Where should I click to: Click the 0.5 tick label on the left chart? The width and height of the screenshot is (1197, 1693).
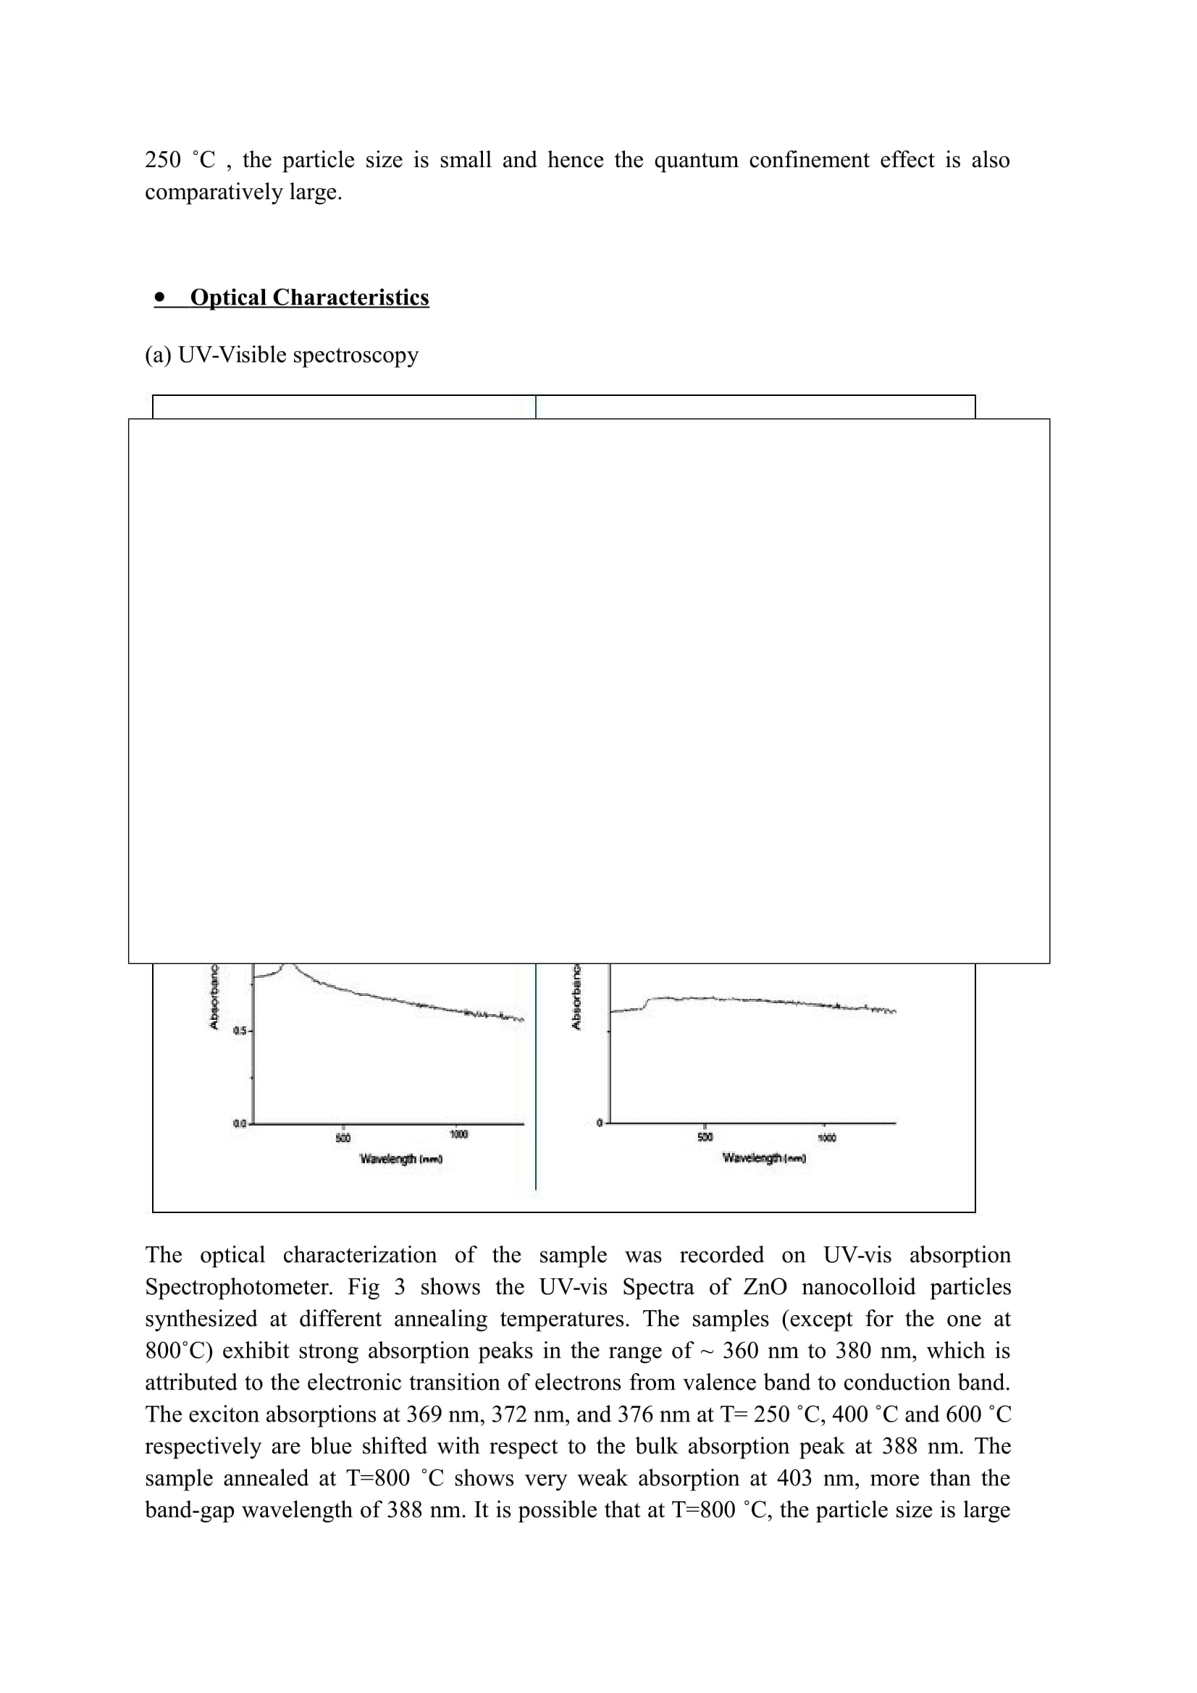click(239, 1031)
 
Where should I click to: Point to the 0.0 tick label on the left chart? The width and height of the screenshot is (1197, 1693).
click(239, 1124)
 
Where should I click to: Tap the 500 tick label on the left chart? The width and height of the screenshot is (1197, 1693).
click(343, 1139)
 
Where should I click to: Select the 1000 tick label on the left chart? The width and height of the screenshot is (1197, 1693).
click(458, 1134)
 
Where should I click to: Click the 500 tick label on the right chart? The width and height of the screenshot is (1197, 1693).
click(705, 1137)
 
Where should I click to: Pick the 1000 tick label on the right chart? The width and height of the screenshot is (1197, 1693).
click(827, 1139)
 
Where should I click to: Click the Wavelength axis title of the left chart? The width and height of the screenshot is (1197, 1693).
click(400, 1159)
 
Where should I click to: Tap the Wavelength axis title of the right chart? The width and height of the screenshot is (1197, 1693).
click(764, 1158)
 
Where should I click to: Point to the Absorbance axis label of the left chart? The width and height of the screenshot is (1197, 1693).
click(214, 995)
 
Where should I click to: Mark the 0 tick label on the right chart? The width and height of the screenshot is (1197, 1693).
click(600, 1123)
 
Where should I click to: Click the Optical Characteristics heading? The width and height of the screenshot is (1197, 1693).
click(309, 297)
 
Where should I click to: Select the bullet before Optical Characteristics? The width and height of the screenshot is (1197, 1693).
click(160, 297)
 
